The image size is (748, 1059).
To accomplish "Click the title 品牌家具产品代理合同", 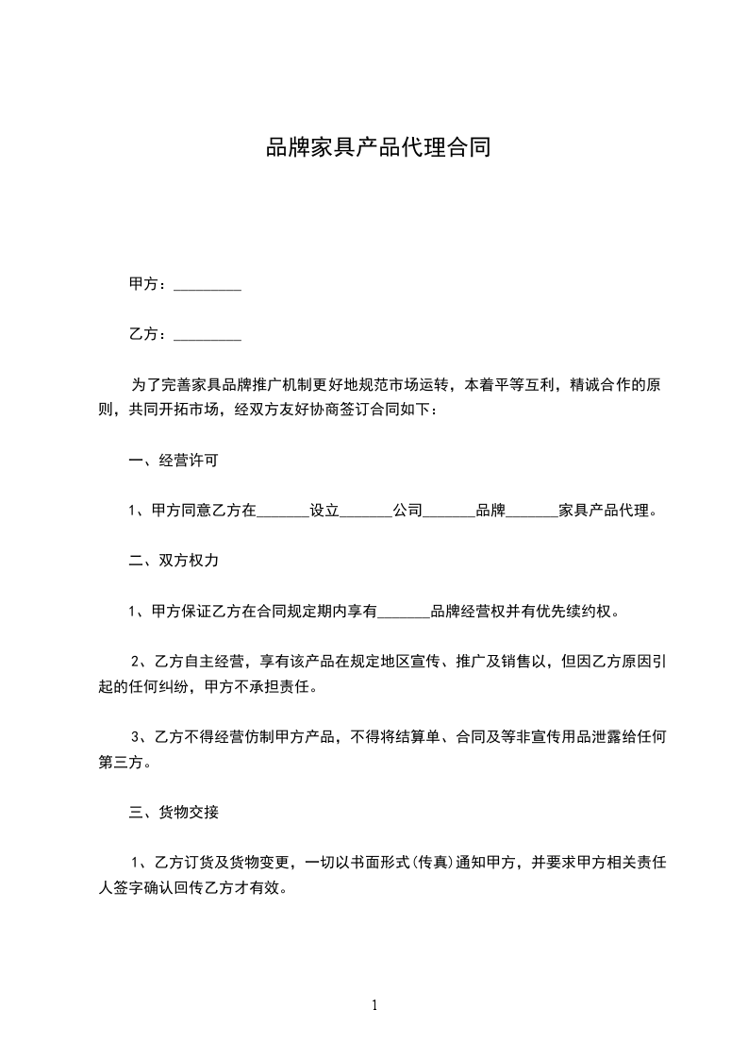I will click(377, 148).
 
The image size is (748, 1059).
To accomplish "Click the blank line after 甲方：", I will click(208, 284).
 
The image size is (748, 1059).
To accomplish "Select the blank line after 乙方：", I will click(208, 334).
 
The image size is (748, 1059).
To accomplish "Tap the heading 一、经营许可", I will click(175, 462).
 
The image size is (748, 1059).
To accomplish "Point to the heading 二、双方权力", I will click(175, 561).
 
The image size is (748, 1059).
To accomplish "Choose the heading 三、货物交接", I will click(175, 811).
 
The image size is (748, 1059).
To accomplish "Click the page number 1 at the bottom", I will click(374, 1005).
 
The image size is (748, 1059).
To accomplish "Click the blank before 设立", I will click(283, 512).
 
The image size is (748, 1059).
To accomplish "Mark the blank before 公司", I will click(365, 512).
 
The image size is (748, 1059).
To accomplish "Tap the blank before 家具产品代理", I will click(533, 512).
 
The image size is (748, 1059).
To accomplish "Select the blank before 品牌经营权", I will click(404, 611).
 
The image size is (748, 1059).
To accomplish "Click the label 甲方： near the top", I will click(148, 284).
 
